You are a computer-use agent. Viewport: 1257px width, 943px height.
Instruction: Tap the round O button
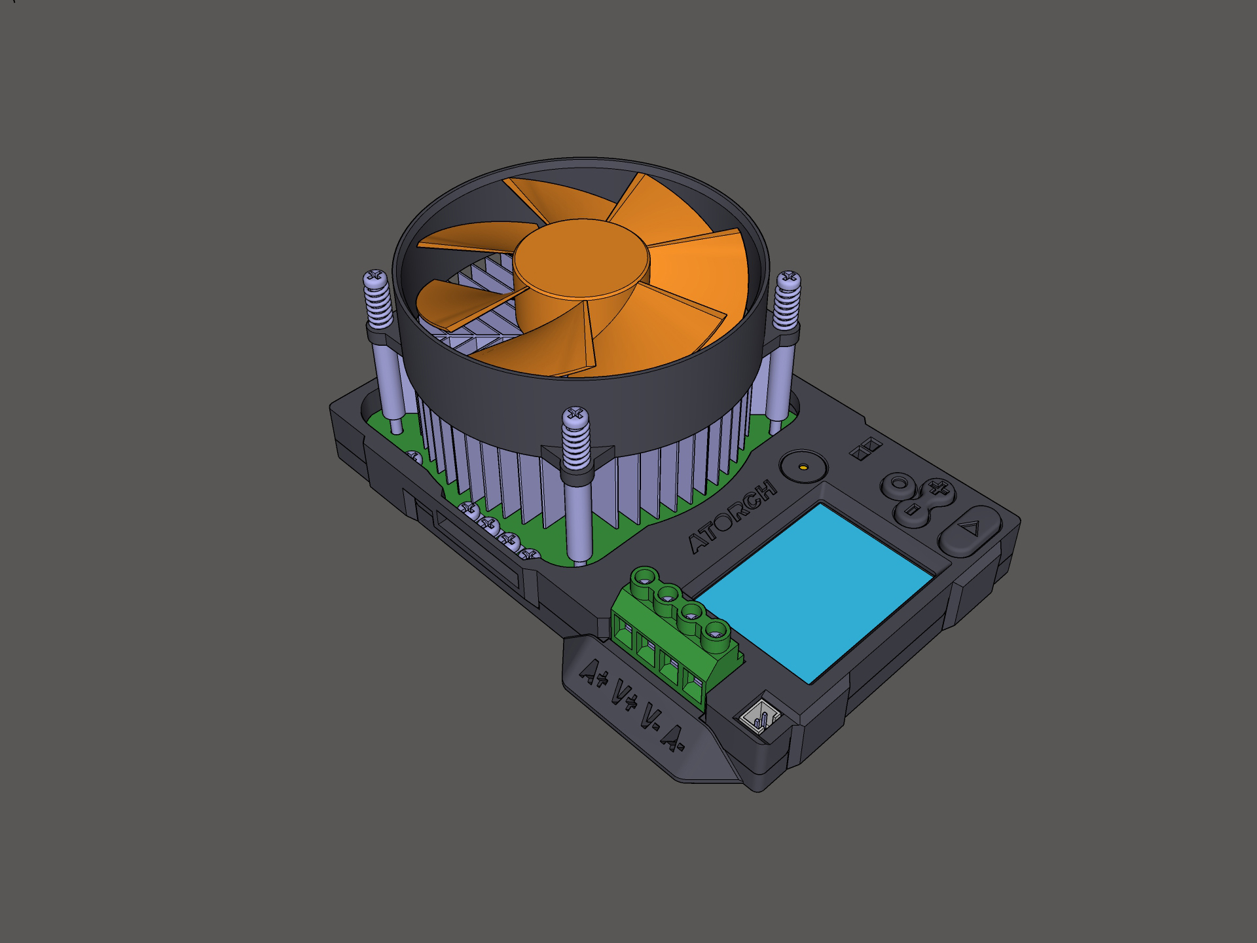(x=899, y=485)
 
